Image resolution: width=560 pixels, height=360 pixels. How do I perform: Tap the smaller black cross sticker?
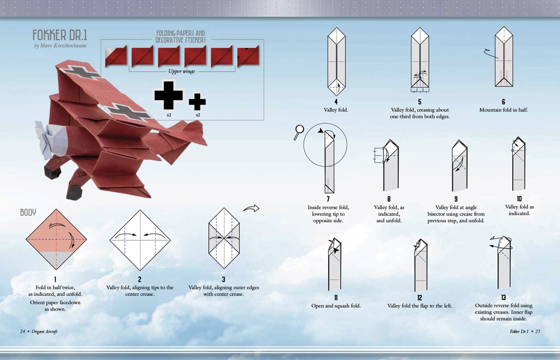(x=197, y=101)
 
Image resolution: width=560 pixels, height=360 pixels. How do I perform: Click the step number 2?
(x=139, y=279)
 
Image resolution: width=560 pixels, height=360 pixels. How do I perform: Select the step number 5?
(x=419, y=102)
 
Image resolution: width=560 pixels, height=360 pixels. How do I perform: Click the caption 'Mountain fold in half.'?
(x=503, y=110)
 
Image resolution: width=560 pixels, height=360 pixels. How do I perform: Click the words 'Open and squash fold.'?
(x=336, y=306)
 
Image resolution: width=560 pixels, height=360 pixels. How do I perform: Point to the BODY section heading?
(x=29, y=213)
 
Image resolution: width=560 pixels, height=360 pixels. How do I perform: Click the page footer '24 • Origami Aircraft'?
(x=39, y=331)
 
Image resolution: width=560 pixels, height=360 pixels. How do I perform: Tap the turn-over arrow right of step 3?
(x=252, y=208)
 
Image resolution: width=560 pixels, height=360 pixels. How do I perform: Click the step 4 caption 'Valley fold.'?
(x=336, y=110)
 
